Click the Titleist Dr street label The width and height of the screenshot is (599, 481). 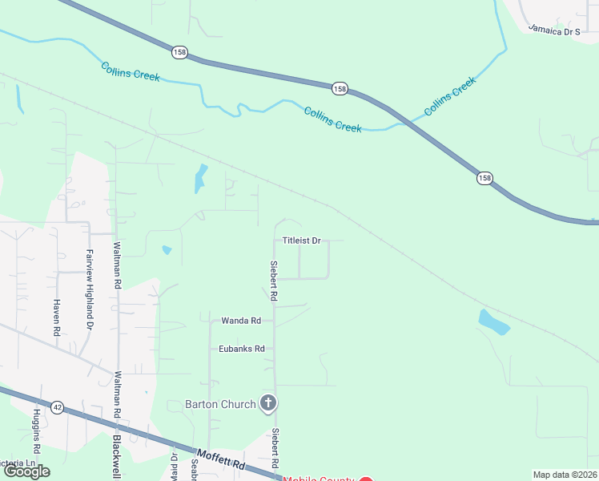[302, 240]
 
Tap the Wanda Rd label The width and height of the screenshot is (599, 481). [241, 321]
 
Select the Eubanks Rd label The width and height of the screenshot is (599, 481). [242, 349]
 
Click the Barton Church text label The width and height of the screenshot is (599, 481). [220, 404]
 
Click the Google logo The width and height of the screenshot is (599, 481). [26, 471]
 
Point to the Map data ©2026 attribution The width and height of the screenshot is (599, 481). [565, 475]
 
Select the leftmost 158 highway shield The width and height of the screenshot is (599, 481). [179, 51]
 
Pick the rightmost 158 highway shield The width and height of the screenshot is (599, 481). [484, 177]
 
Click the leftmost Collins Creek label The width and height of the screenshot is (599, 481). [131, 71]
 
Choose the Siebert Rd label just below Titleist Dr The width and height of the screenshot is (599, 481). [274, 281]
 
